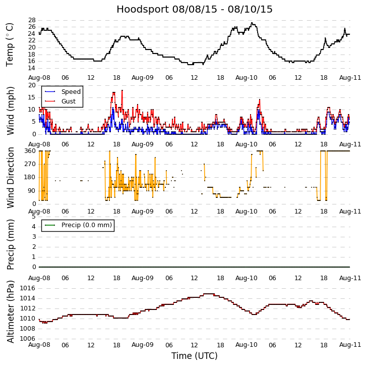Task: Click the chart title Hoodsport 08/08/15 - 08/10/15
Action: (x=195, y=10)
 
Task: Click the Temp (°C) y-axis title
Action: (x=10, y=44)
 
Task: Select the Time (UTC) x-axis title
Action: (x=195, y=356)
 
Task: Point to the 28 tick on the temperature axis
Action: (x=31, y=20)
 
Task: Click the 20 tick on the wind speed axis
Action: (x=31, y=85)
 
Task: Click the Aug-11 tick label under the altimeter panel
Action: (x=350, y=345)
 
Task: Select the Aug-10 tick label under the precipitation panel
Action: (x=247, y=278)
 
